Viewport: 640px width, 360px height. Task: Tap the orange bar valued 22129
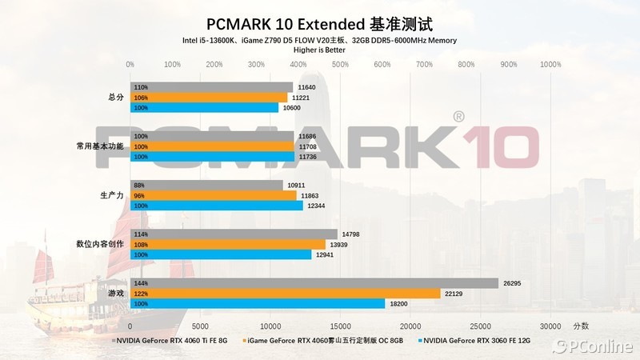(x=286, y=294)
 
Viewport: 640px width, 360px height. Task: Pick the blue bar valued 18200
(x=258, y=305)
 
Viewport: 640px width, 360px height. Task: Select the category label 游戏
(x=116, y=294)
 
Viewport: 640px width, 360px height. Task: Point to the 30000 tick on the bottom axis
(x=550, y=326)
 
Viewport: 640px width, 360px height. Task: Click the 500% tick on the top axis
(x=340, y=64)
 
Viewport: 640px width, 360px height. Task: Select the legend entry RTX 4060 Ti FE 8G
(x=170, y=341)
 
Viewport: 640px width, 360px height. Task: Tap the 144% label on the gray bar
(x=142, y=283)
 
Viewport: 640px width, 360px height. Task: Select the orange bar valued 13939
(x=228, y=244)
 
